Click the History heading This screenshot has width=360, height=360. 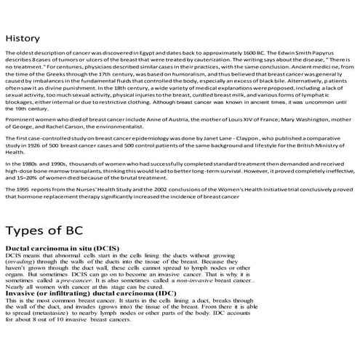(x=23, y=38)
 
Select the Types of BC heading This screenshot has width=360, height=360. (x=43, y=231)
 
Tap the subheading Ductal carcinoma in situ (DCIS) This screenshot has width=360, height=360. (x=61, y=249)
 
